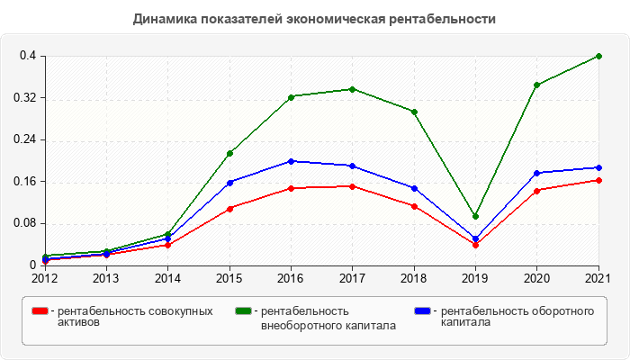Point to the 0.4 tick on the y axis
point(27,56)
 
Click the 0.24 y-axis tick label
point(24,139)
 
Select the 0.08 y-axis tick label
point(24,223)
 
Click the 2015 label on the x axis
point(229,278)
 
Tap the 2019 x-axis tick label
point(475,278)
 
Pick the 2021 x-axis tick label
point(598,278)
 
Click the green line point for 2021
point(598,56)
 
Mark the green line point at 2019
point(475,216)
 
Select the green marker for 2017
point(352,89)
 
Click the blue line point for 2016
point(291,161)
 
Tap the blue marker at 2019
point(475,238)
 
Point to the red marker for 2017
point(352,186)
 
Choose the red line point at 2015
point(229,209)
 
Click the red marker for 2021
point(598,180)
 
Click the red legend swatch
point(39,311)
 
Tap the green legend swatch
point(244,311)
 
